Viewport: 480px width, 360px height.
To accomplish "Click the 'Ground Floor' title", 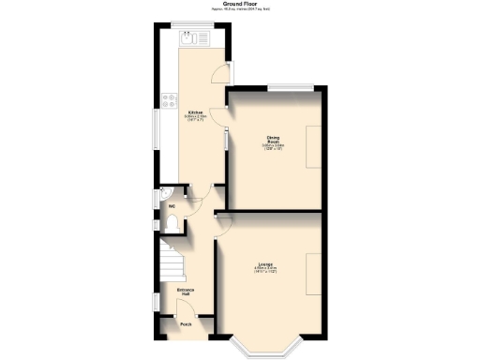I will [240, 5].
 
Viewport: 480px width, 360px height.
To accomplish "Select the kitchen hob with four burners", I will [169, 97].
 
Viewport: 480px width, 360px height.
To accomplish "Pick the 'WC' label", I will [172, 207].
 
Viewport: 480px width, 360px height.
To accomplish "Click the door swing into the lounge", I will [224, 221].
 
